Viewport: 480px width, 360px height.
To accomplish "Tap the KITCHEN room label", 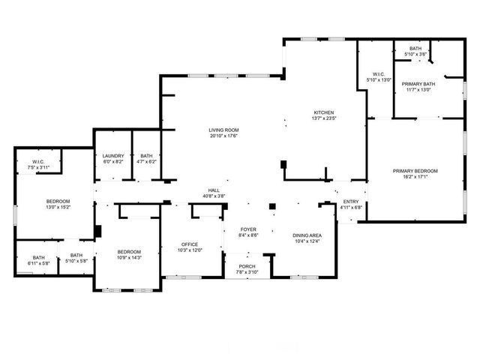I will [323, 112].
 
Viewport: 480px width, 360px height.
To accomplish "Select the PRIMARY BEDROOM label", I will [415, 171].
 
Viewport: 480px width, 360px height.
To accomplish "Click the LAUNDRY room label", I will [113, 156].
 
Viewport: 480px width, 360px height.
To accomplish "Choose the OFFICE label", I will [189, 244].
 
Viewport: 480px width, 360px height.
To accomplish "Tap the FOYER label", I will [249, 229].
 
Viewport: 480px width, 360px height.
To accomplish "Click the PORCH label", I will [247, 265].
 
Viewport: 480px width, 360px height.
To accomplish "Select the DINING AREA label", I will [307, 235].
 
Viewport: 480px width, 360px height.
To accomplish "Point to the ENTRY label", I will [351, 202].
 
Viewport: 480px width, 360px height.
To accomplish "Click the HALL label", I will [214, 190].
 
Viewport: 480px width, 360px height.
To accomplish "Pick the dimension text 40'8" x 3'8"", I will [214, 196].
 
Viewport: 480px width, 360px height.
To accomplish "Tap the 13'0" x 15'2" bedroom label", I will [58, 204].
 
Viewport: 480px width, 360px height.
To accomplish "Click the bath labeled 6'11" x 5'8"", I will [39, 260].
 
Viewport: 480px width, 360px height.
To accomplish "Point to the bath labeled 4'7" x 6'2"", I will [146, 159].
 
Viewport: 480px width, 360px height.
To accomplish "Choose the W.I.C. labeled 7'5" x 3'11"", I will [39, 164].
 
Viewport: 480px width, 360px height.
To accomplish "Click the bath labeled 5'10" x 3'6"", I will [415, 51].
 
